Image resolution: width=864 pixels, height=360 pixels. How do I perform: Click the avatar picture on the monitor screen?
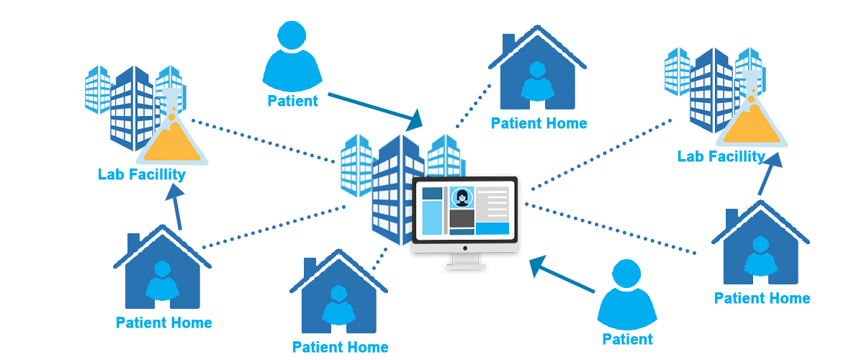coord(462,197)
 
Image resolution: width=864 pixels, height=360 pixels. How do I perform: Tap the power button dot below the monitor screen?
coord(464,248)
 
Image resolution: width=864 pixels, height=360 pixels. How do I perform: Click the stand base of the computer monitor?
coord(464,265)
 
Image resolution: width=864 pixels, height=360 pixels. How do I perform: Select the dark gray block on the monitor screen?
coord(462,218)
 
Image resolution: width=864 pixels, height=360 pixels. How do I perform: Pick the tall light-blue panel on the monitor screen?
coord(432,217)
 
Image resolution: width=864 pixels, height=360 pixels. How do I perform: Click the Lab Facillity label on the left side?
coord(142,174)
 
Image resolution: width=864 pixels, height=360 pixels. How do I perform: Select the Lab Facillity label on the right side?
coord(721,156)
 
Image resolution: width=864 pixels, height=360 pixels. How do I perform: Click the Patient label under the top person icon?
coord(292,101)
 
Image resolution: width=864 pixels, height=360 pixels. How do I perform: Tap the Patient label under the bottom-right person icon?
coord(627,339)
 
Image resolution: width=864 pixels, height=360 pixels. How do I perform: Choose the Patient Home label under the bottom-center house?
coord(340,347)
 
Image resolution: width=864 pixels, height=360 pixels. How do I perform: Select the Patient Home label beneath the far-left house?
coord(164,323)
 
